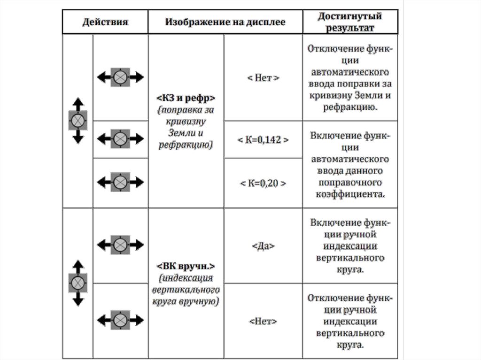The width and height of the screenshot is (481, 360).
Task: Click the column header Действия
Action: point(105,22)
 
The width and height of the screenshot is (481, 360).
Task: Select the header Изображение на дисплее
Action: point(225,22)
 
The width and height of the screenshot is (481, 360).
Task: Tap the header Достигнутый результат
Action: point(349,22)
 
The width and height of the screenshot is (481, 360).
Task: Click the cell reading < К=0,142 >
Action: point(263,140)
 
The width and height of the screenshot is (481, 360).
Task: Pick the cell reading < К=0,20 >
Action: point(263,183)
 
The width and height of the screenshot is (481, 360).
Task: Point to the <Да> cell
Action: point(263,245)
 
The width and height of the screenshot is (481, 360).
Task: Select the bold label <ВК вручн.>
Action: point(186,267)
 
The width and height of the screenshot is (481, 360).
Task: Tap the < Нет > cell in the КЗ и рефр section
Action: point(263,78)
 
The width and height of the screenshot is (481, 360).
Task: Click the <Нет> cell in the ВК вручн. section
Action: point(263,322)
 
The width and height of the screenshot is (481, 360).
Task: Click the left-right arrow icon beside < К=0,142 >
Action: point(120,139)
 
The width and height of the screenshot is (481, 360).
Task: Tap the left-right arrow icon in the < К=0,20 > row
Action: point(120,182)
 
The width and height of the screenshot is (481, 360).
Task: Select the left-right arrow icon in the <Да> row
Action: point(120,245)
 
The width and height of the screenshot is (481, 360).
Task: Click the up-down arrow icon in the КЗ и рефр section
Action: point(78,121)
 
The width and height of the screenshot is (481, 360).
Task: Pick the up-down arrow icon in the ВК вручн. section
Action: point(78,283)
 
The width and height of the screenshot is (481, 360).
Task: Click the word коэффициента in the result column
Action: point(350,193)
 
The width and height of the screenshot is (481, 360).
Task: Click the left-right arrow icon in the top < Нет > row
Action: point(120,77)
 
